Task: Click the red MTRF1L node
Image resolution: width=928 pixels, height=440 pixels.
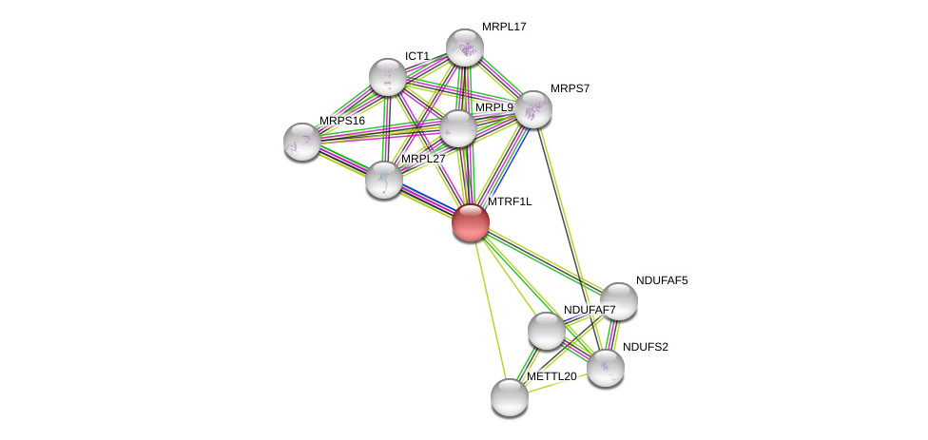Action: click(x=471, y=222)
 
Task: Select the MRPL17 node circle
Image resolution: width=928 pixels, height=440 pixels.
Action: click(x=465, y=48)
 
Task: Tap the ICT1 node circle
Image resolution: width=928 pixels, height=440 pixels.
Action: click(x=388, y=77)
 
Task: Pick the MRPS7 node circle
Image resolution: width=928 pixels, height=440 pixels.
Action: click(x=533, y=109)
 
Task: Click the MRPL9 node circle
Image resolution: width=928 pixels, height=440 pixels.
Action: click(x=458, y=128)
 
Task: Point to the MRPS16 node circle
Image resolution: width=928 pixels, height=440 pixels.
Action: click(x=302, y=142)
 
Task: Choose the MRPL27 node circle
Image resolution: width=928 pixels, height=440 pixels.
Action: click(x=384, y=180)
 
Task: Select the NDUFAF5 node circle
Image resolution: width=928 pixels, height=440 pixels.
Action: click(x=618, y=301)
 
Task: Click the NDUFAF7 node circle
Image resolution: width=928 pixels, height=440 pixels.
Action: click(x=547, y=331)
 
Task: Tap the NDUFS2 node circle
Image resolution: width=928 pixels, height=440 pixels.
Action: click(x=606, y=368)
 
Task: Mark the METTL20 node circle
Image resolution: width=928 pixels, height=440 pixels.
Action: click(x=510, y=397)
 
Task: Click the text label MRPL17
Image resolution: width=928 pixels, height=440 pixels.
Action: click(x=504, y=27)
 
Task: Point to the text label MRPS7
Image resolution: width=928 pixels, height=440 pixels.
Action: click(x=570, y=88)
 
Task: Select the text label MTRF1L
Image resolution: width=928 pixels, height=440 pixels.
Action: click(x=510, y=201)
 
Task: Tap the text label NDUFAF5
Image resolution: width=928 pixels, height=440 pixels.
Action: click(x=662, y=280)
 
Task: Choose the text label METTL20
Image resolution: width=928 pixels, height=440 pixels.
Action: click(x=551, y=376)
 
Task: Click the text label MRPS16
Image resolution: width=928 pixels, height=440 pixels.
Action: click(x=342, y=121)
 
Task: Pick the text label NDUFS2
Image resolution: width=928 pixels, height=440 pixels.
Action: click(x=646, y=347)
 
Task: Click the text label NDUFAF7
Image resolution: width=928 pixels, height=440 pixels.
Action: click(x=590, y=310)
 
